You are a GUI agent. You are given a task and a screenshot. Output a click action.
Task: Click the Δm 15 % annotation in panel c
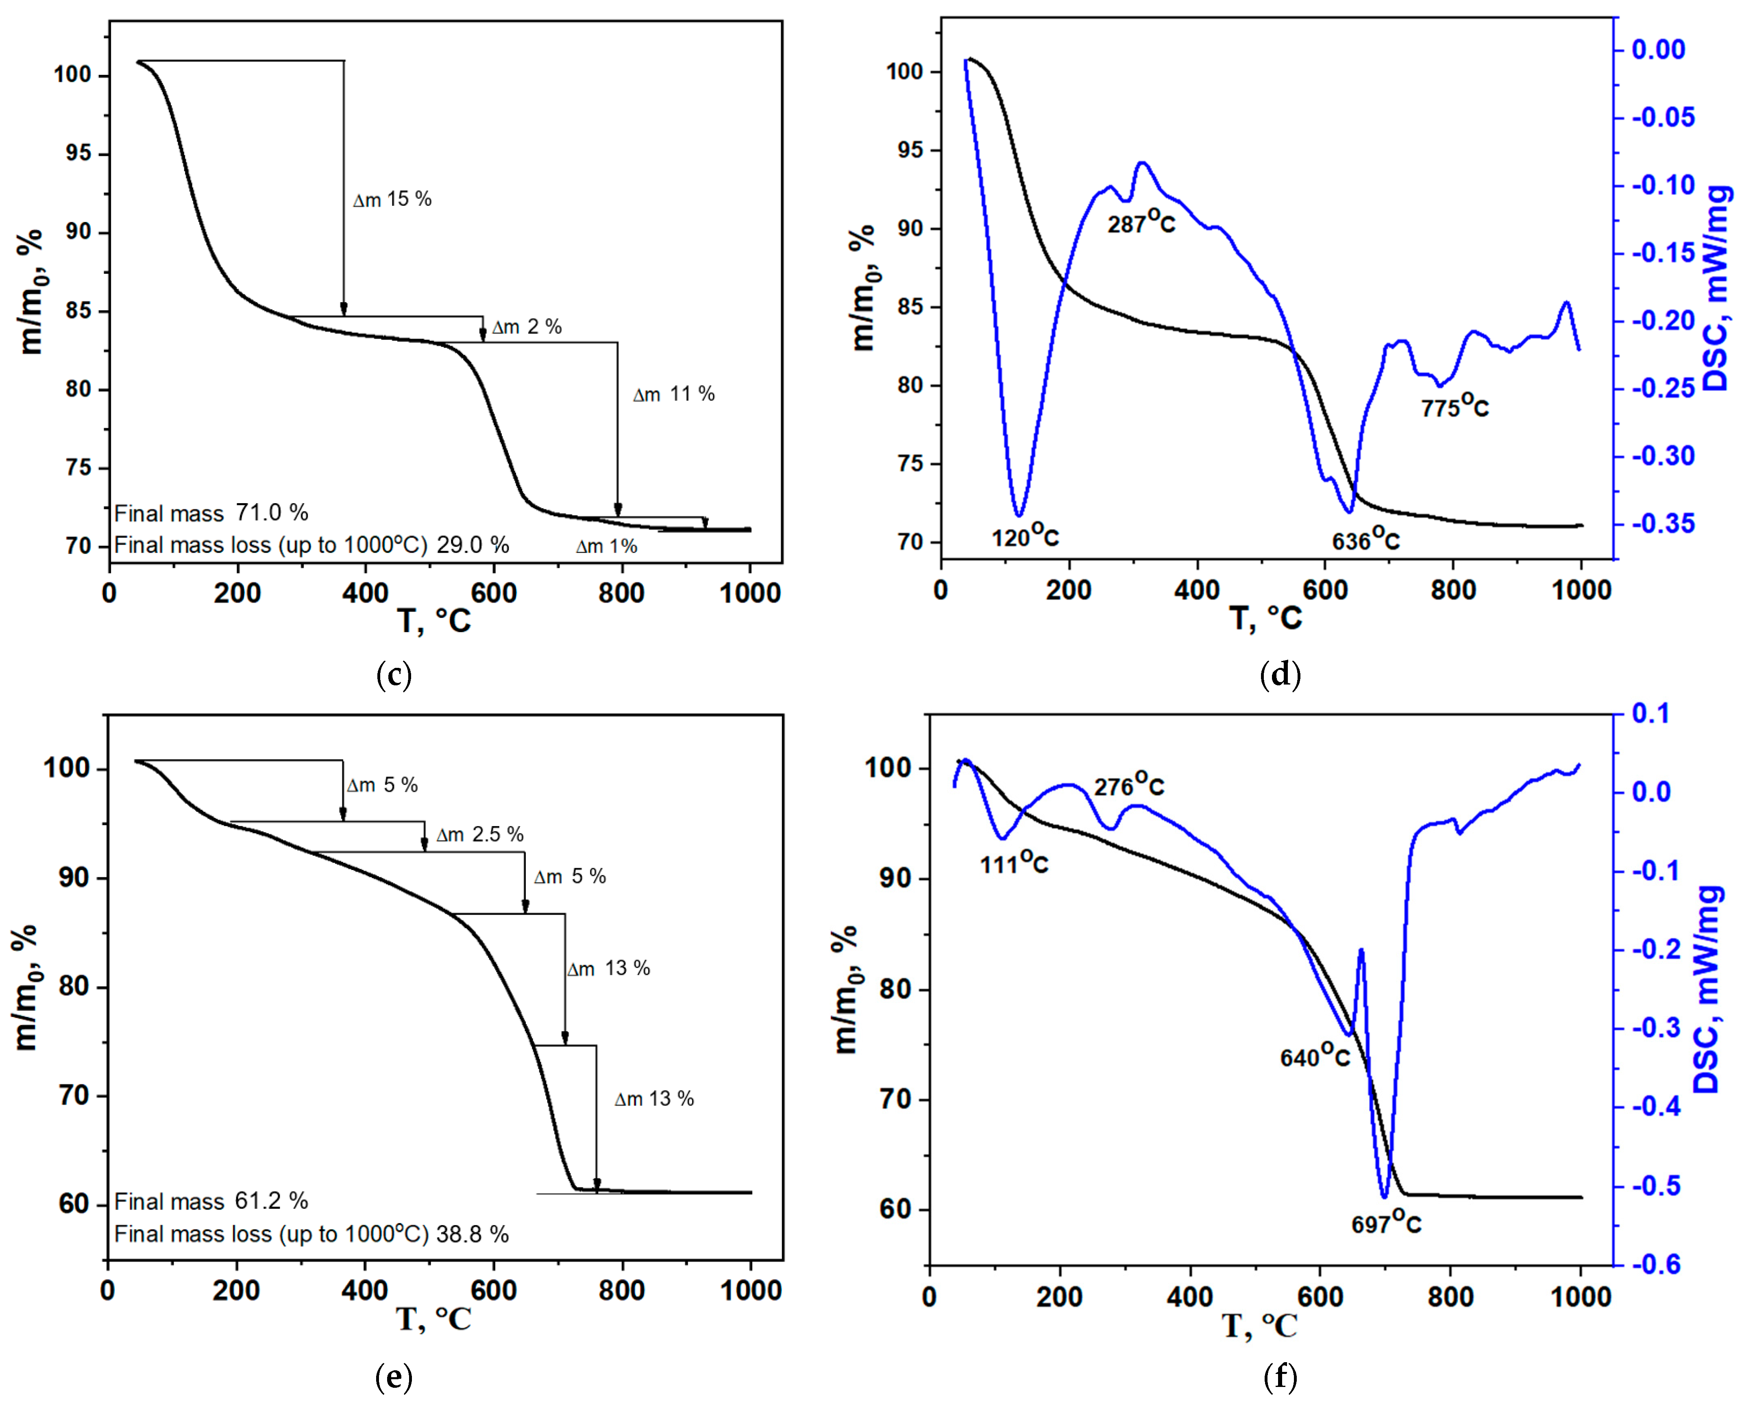point(392,199)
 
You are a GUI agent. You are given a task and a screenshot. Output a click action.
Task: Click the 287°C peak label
point(1141,221)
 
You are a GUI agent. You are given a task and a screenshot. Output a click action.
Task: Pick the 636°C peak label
point(1365,539)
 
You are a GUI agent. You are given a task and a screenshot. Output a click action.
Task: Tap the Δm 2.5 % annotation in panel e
point(479,834)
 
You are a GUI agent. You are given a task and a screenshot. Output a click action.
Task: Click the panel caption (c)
point(394,674)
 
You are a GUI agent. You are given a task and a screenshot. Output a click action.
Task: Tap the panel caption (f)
point(1280,1377)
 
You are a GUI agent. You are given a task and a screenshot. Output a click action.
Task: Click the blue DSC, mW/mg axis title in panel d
point(1717,288)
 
